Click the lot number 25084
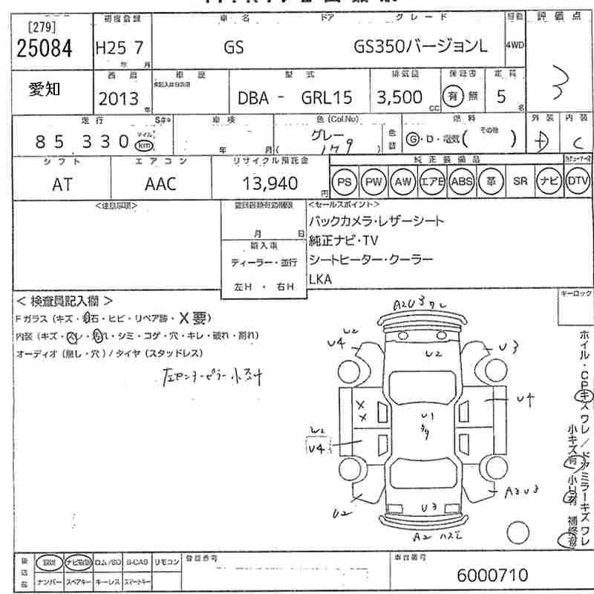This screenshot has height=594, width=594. [45, 50]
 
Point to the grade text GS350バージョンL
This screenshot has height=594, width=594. [421, 48]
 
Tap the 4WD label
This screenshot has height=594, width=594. [515, 45]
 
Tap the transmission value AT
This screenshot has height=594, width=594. [63, 183]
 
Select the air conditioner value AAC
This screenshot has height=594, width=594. [160, 183]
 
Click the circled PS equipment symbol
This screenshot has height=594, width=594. [344, 181]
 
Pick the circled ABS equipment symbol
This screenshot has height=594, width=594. [461, 181]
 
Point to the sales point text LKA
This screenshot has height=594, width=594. [323, 278]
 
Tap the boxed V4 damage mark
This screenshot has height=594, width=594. [318, 448]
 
